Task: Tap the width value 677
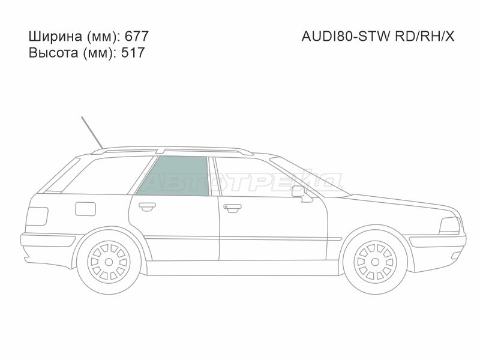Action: pyautogui.click(x=137, y=37)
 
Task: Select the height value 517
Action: pyautogui.click(x=133, y=53)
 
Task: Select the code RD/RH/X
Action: pyautogui.click(x=424, y=37)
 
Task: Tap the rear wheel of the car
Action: pyautogui.click(x=108, y=260)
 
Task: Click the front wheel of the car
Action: pyautogui.click(x=376, y=260)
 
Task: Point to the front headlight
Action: pyautogui.click(x=450, y=226)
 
